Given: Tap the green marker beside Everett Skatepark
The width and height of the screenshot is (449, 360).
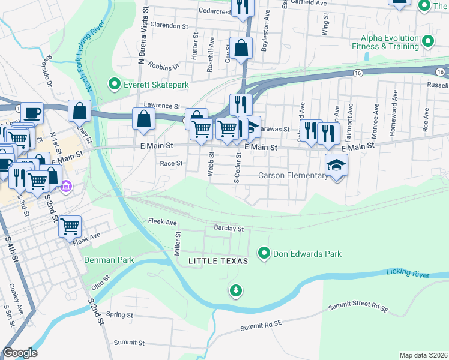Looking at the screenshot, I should pos(113,85).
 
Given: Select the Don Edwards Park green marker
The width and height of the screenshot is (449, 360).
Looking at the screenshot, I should pos(264,254).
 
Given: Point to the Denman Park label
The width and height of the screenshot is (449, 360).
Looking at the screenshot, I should pos(109,260).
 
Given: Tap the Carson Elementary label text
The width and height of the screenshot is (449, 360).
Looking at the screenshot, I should pos(293,176).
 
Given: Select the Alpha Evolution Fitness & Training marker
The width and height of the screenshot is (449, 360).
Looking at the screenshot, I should pos(428,42).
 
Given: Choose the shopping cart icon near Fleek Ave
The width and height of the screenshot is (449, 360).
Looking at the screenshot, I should pos(70,226).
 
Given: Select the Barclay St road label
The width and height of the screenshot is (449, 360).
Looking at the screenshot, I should pos(229,229).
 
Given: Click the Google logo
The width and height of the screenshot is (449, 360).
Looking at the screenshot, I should pos(20,353).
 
